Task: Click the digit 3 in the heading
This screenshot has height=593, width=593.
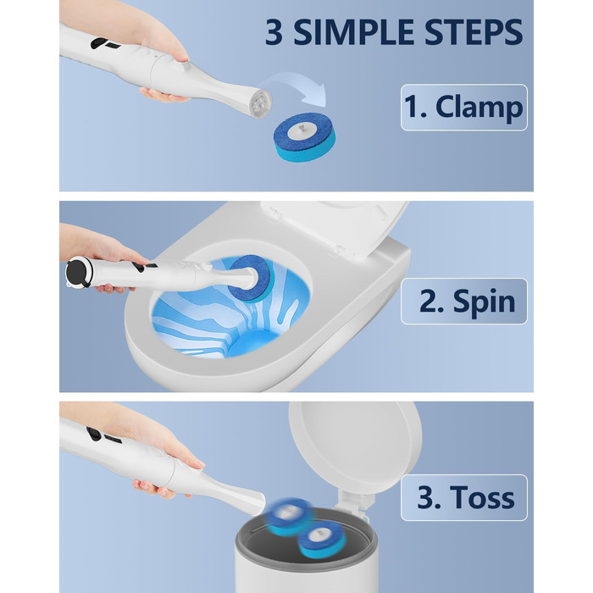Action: [274, 32]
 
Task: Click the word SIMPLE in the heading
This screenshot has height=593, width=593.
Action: [354, 32]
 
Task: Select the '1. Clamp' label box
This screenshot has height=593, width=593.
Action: [464, 108]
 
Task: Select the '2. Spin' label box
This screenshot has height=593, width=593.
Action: [464, 301]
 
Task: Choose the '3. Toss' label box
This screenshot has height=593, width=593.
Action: [464, 497]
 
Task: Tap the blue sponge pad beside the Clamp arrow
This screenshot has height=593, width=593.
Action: [304, 137]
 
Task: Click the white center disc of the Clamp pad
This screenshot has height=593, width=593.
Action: [302, 131]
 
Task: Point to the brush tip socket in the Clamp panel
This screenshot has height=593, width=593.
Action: [261, 103]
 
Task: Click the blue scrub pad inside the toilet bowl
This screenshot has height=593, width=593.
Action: [251, 279]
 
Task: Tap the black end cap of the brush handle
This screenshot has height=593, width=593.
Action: [78, 272]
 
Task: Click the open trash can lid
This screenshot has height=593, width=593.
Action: [356, 446]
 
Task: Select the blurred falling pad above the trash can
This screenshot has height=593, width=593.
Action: [290, 517]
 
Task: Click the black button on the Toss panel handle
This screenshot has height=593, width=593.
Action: [94, 434]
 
